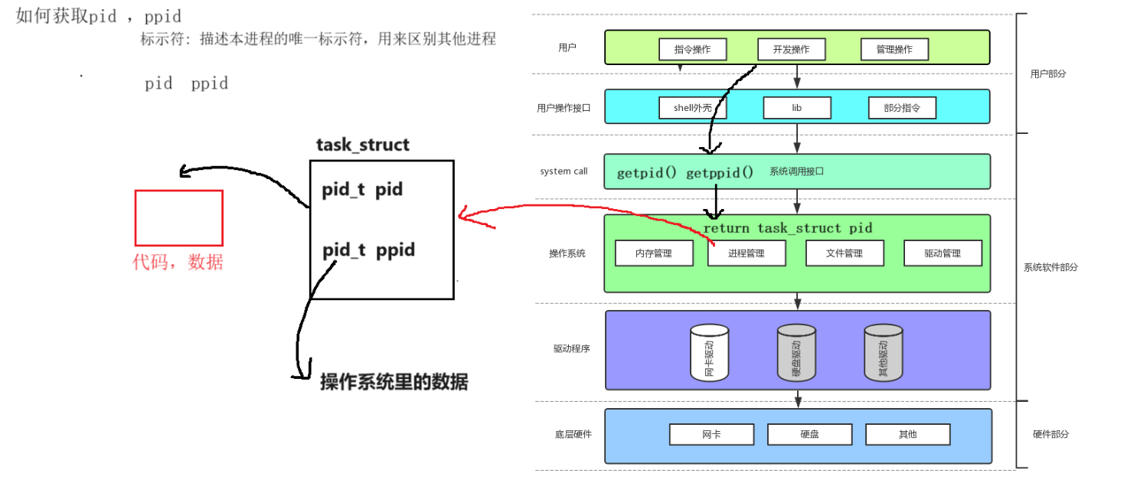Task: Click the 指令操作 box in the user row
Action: pos(692,50)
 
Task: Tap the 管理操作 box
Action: pos(894,50)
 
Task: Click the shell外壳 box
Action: pos(692,108)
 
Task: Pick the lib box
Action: pos(796,108)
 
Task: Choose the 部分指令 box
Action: pos(901,108)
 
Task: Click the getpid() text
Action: pos(646,173)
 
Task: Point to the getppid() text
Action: pos(719,173)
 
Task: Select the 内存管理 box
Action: pos(654,253)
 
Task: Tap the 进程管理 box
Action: pos(747,253)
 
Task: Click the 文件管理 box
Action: pos(845,253)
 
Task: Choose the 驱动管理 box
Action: pos(943,253)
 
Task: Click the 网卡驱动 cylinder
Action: pos(709,354)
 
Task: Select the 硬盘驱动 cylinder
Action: pos(796,354)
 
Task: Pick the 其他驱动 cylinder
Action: pos(884,354)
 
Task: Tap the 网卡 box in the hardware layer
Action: pos(711,434)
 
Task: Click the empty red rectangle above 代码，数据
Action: pos(179,218)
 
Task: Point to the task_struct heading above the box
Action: pos(363,145)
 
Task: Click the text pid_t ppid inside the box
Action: pos(368,250)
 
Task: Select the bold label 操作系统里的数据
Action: pos(394,382)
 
